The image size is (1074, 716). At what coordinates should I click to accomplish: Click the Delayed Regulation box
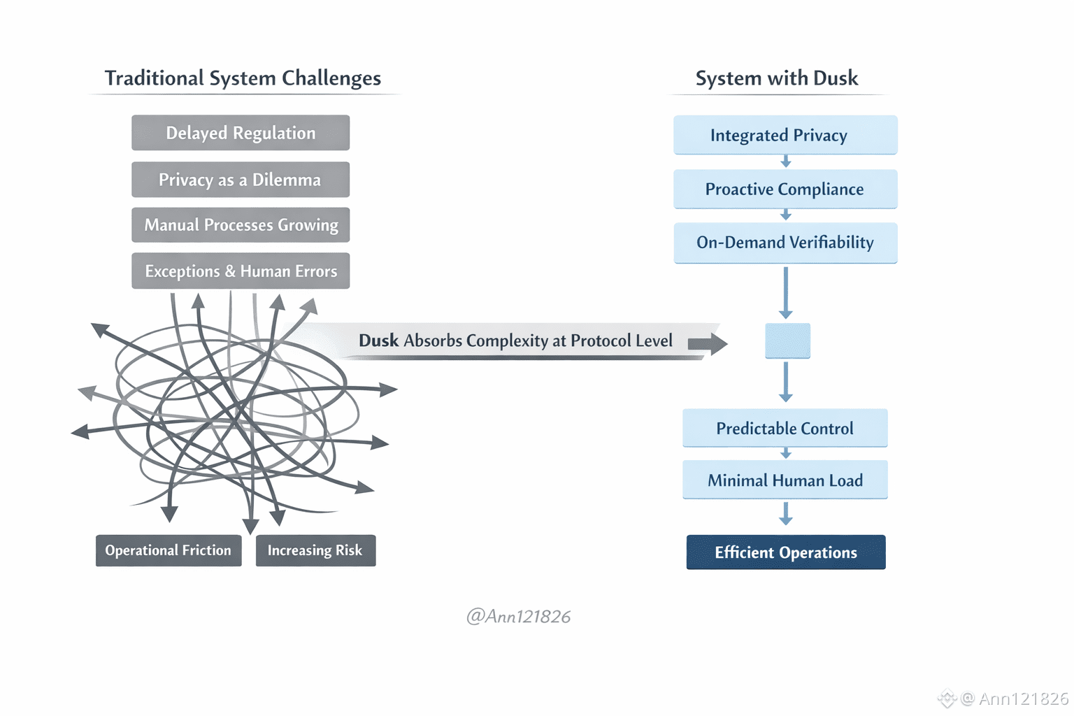(241, 133)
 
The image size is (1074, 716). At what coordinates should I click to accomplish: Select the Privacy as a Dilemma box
(241, 180)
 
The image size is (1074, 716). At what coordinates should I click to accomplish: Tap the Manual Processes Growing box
(241, 225)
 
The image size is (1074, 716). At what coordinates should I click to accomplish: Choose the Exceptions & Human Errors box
(241, 271)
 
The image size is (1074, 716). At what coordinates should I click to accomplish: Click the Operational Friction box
(169, 550)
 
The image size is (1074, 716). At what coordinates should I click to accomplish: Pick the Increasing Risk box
(315, 550)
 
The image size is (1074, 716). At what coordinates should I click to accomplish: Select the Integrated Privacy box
(785, 135)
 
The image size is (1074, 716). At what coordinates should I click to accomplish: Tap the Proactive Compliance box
(785, 189)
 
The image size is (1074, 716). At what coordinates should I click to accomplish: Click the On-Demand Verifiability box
(785, 243)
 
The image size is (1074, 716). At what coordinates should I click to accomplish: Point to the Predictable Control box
(785, 428)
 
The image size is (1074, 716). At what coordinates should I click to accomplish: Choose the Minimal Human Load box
(785, 480)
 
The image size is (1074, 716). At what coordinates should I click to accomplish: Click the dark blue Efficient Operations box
(786, 552)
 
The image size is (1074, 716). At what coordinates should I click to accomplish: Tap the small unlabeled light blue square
(787, 341)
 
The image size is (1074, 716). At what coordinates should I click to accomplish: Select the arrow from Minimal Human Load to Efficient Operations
(786, 514)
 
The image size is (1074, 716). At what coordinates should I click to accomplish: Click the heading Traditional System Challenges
(243, 78)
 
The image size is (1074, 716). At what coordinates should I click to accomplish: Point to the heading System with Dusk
(777, 78)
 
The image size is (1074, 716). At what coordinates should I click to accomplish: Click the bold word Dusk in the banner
(378, 341)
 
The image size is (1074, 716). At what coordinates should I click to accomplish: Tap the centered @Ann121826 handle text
(518, 617)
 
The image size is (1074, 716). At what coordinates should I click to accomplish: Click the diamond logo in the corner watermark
(947, 698)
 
